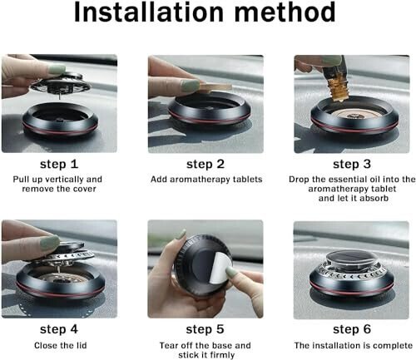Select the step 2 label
[206, 163]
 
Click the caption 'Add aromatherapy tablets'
[206, 179]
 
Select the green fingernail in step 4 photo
[49, 242]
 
